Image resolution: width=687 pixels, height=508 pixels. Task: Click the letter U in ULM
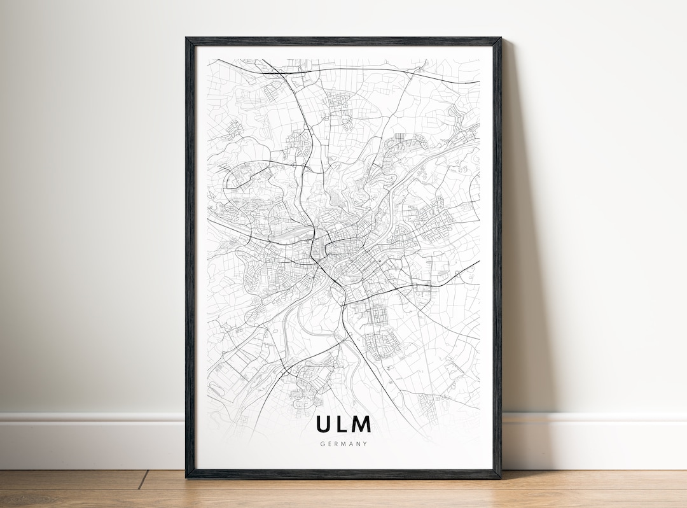[x=323, y=425]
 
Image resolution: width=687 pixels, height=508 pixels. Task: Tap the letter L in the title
[x=342, y=425]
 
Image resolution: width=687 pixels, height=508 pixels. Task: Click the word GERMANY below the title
[x=343, y=444]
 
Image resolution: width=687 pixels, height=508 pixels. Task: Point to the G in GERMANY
[x=323, y=444]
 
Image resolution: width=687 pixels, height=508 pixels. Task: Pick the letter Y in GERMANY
[x=365, y=444]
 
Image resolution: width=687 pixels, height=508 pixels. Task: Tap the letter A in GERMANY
[x=350, y=444]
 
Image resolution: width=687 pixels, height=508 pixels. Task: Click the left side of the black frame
[x=190, y=255]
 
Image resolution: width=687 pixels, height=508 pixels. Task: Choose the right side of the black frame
[x=497, y=255]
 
